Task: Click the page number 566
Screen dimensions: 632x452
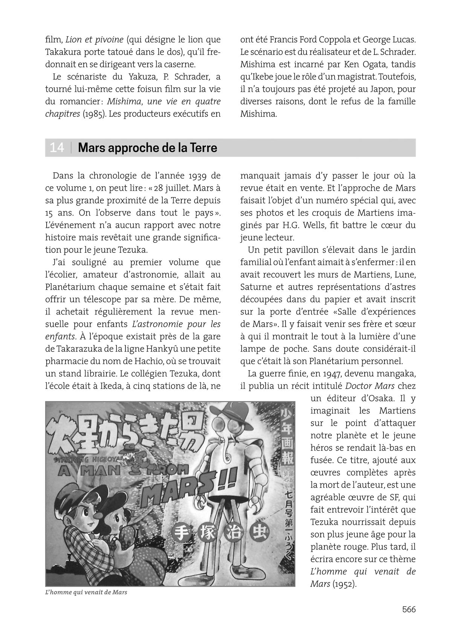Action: click(408, 609)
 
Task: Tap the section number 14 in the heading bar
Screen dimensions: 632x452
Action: click(57, 148)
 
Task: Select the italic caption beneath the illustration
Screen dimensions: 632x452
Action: click(86, 592)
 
